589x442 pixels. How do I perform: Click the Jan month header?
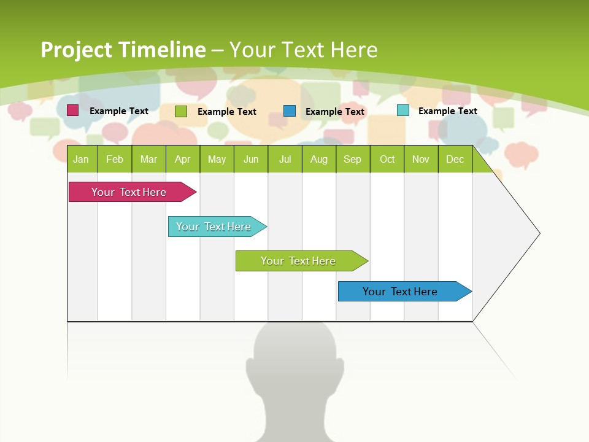pyautogui.click(x=81, y=159)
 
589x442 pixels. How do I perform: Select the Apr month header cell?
pyautogui.click(x=182, y=159)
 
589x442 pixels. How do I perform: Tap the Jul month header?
pyautogui.click(x=285, y=159)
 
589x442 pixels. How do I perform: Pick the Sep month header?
pyautogui.click(x=352, y=159)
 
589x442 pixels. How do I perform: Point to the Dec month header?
pyautogui.click(x=455, y=159)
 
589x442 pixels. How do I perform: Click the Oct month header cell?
pyautogui.click(x=387, y=159)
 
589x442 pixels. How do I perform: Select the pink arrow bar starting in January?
pyautogui.click(x=129, y=192)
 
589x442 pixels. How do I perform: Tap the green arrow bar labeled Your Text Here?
pyautogui.click(x=298, y=261)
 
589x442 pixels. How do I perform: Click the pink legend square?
pyautogui.click(x=73, y=110)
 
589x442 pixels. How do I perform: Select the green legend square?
pyautogui.click(x=181, y=111)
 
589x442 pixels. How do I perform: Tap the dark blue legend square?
pyautogui.click(x=290, y=110)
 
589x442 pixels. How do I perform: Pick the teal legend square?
pyautogui.click(x=403, y=110)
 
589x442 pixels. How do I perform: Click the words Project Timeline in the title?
pyautogui.click(x=123, y=50)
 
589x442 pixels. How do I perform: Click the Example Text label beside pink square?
pyautogui.click(x=119, y=111)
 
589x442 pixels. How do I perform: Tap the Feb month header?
pyautogui.click(x=115, y=159)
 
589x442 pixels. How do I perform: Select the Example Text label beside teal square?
pyautogui.click(x=448, y=111)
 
